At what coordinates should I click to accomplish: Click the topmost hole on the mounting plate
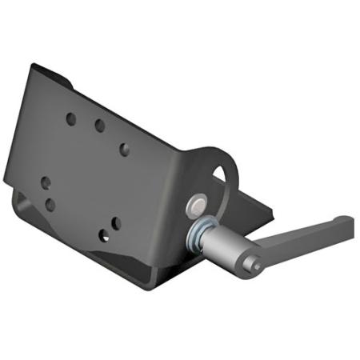[70, 119]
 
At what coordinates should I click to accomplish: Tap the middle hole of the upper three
[100, 126]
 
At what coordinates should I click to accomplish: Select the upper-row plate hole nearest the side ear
[124, 149]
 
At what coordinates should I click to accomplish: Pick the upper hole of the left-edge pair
[46, 182]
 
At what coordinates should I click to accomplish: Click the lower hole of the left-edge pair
[50, 205]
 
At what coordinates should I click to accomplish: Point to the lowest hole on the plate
[104, 235]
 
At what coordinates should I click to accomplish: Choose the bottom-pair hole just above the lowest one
[116, 222]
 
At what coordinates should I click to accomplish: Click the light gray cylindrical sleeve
[228, 245]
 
